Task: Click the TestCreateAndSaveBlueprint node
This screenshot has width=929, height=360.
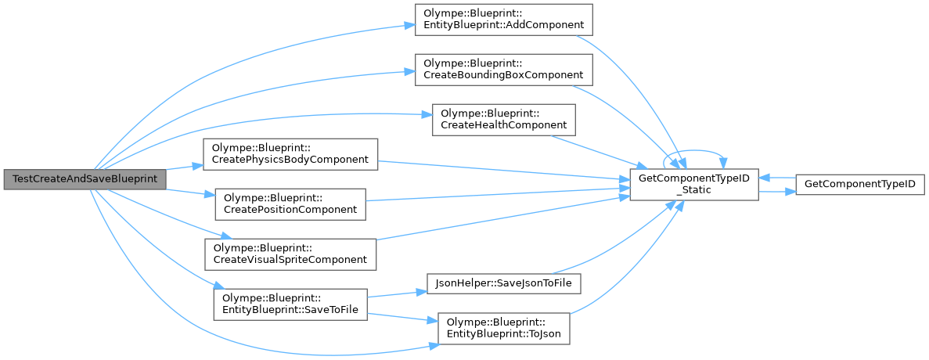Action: coord(85,179)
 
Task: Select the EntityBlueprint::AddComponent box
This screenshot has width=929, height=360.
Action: coord(502,19)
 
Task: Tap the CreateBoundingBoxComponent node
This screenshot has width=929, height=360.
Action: coord(502,69)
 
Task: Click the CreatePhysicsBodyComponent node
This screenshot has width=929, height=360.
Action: coord(290,153)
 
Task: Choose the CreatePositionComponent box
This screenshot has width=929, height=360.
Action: coord(290,203)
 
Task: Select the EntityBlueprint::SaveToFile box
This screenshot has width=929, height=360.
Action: coord(290,304)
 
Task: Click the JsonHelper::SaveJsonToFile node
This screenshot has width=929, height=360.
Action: coord(504,283)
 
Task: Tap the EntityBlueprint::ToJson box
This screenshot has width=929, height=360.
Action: coord(504,329)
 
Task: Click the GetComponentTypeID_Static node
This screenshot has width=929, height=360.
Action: coord(694,185)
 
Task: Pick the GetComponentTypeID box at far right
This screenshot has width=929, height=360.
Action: coord(860,185)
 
